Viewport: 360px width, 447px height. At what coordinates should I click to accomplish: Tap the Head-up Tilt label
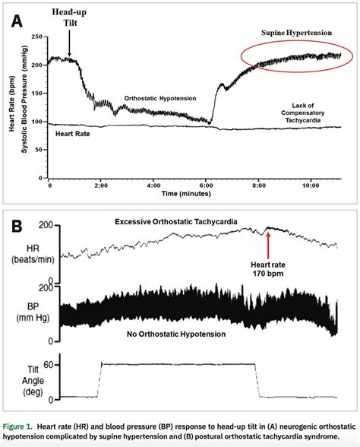[68, 19]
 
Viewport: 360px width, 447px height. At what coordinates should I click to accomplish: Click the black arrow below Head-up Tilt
[68, 47]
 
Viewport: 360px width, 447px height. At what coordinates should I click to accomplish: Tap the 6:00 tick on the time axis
[205, 185]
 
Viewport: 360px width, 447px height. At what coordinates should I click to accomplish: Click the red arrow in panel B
[267, 243]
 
